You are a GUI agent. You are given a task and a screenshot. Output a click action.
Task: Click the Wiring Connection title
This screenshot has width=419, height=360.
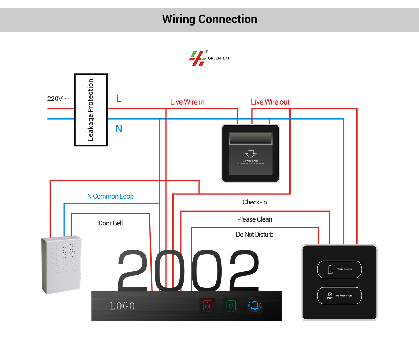(209, 19)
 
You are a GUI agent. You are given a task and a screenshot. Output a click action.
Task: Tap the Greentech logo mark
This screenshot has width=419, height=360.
(197, 59)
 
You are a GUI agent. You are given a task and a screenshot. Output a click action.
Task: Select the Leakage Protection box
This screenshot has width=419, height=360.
(91, 110)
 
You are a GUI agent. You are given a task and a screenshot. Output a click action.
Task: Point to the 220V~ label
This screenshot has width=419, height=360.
(58, 99)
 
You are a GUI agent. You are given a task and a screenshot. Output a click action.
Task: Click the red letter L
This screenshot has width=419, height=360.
(119, 99)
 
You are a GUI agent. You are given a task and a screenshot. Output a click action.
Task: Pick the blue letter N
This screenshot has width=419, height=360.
(119, 129)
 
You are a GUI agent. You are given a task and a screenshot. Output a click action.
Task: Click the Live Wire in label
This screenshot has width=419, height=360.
(187, 102)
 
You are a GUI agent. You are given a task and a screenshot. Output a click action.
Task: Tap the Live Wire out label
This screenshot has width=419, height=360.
(270, 102)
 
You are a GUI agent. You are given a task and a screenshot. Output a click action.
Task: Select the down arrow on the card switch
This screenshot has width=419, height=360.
(250, 154)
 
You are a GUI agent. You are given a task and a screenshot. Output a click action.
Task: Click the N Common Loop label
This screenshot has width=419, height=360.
(110, 196)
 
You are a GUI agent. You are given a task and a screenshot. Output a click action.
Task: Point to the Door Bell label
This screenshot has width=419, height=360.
(110, 223)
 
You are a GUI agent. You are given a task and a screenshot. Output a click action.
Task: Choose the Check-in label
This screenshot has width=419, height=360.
(255, 202)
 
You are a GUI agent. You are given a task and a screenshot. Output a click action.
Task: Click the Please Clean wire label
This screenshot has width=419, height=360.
(255, 219)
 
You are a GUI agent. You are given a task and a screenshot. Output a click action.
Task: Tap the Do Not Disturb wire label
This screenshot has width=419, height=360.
(255, 235)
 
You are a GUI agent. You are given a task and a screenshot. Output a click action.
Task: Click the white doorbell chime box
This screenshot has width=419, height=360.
(61, 264)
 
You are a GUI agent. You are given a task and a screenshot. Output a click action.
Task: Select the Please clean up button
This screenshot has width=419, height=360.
(339, 269)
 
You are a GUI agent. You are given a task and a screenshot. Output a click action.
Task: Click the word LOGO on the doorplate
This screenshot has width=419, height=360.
(122, 306)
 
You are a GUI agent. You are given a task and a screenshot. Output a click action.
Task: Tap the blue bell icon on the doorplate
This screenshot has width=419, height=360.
(255, 305)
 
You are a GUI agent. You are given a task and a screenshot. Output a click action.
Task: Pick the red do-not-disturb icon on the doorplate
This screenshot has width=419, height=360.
(207, 306)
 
